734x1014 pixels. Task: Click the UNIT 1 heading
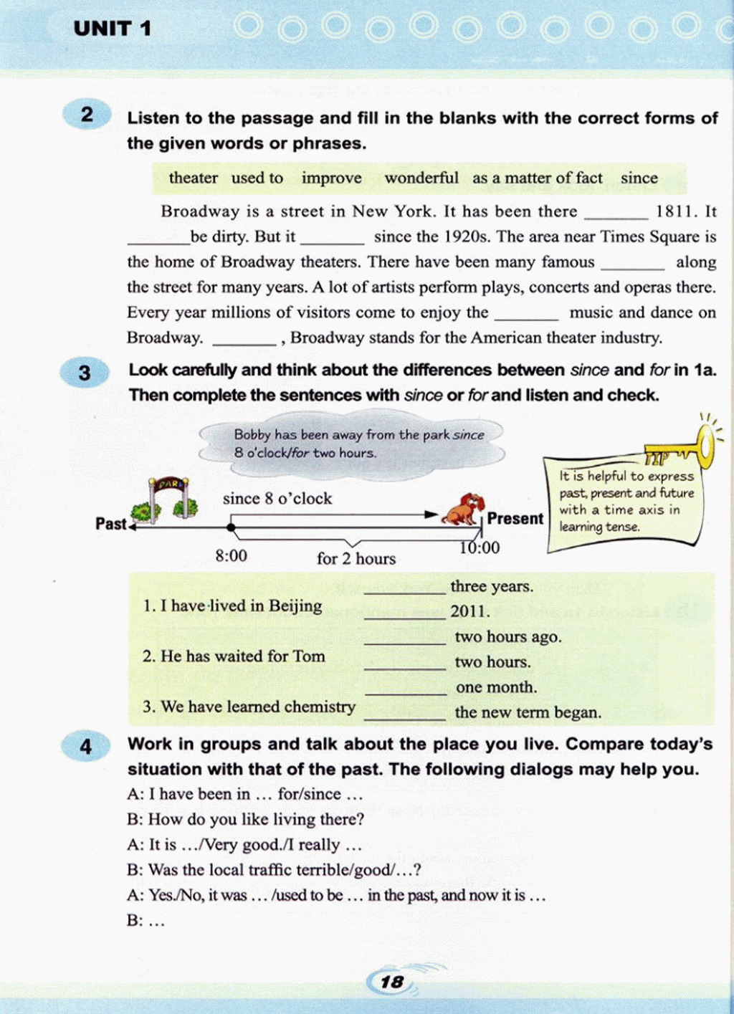click(x=113, y=29)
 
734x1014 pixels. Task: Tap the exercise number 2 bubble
click(x=87, y=115)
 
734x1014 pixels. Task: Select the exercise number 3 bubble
click(x=85, y=373)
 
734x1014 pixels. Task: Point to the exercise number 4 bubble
click(x=85, y=747)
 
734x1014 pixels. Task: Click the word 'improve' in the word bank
click(x=331, y=178)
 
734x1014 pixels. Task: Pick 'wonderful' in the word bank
click(x=421, y=178)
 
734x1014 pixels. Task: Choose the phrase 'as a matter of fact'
click(x=537, y=178)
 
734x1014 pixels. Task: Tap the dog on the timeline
click(x=463, y=510)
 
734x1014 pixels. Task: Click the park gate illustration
click(x=170, y=497)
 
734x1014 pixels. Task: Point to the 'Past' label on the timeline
click(x=110, y=524)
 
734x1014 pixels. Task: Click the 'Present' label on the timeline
click(x=515, y=518)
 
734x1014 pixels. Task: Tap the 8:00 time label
click(x=231, y=555)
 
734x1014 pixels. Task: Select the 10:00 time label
click(x=480, y=547)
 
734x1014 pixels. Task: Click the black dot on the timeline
click(x=231, y=527)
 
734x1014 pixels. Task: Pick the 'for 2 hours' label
click(x=356, y=558)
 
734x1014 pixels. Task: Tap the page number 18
click(x=392, y=982)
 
